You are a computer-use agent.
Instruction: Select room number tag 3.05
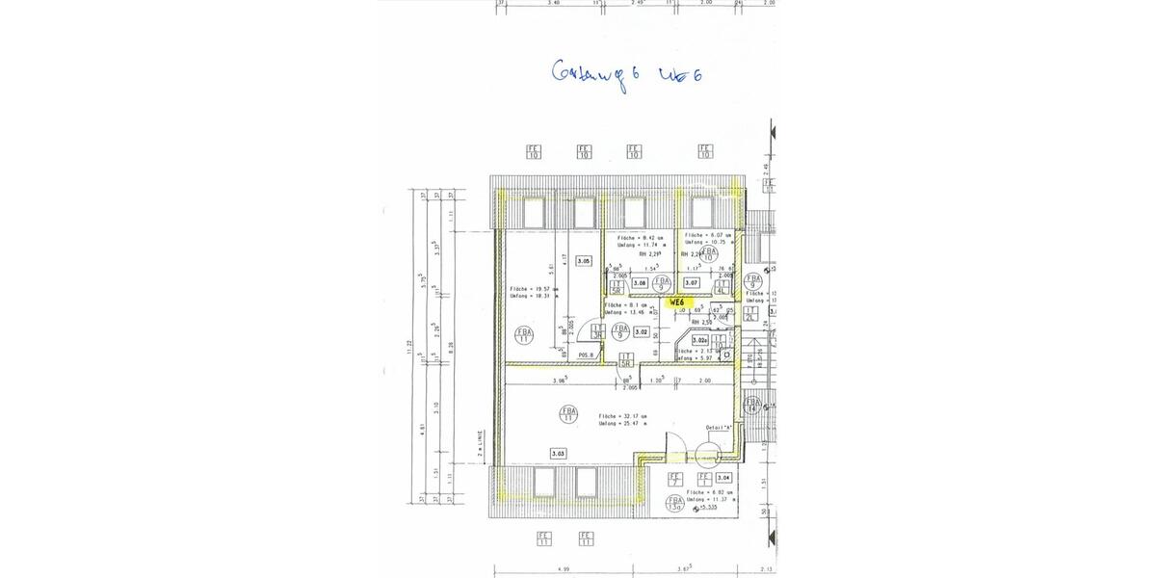click(x=583, y=260)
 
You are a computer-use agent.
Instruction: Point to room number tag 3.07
click(x=692, y=282)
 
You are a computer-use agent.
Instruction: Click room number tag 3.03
click(x=558, y=452)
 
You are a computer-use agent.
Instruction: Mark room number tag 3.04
click(x=724, y=477)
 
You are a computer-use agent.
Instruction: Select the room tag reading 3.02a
click(x=700, y=339)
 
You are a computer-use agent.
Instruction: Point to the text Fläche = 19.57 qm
click(x=527, y=289)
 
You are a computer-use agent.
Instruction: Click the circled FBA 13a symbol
click(x=675, y=504)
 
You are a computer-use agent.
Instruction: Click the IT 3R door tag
click(x=598, y=330)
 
